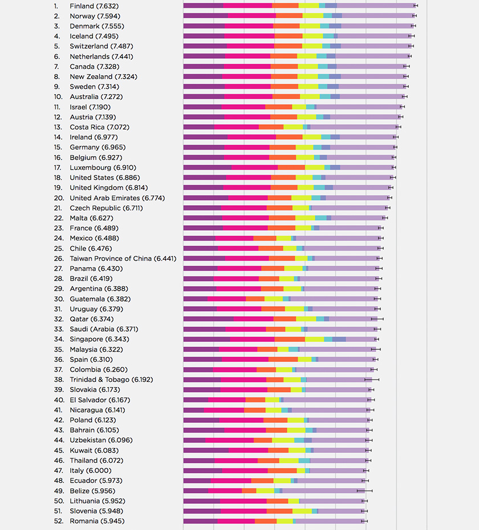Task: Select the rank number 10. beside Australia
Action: coord(58,97)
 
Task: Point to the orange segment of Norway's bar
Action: coord(289,16)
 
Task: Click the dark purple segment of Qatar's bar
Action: coord(208,319)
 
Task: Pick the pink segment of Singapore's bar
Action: coord(252,339)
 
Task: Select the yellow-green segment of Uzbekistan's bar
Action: coord(283,440)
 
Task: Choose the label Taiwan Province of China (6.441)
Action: coord(123,258)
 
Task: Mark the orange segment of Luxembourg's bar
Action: coord(291,168)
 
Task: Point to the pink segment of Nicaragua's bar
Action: coord(224,410)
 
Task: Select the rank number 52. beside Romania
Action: coord(58,521)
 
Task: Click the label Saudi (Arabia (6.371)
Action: coord(104,329)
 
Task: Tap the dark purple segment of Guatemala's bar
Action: coord(195,299)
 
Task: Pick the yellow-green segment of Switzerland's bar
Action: coord(312,46)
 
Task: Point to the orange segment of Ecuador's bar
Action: coord(262,480)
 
